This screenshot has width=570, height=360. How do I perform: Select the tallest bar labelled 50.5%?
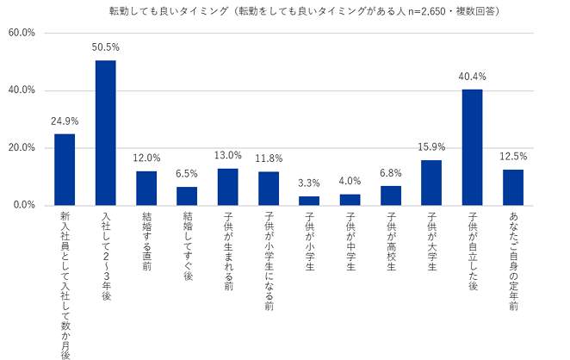tap(105, 133)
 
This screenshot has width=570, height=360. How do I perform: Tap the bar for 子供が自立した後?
tap(472, 147)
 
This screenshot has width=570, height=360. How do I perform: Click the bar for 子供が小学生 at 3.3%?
tap(309, 201)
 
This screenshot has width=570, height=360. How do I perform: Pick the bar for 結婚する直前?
tap(146, 188)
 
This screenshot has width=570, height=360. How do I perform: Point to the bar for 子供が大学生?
tap(431, 183)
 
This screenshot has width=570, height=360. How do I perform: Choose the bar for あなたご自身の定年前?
tap(513, 187)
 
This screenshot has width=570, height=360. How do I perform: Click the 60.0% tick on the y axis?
tap(21, 33)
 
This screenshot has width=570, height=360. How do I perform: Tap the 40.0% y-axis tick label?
tap(21, 90)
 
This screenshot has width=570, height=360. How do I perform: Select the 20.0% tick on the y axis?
tap(21, 148)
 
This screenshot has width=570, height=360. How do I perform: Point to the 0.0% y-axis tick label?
tap(23, 205)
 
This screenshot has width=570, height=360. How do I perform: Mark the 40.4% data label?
tap(472, 78)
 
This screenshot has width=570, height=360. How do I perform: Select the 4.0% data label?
tap(350, 182)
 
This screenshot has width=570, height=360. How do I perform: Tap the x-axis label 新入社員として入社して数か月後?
tap(65, 284)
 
